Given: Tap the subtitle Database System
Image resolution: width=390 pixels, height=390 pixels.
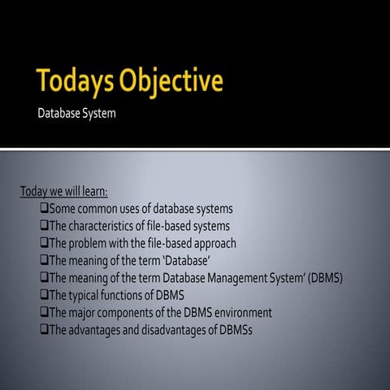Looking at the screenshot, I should click(76, 113).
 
